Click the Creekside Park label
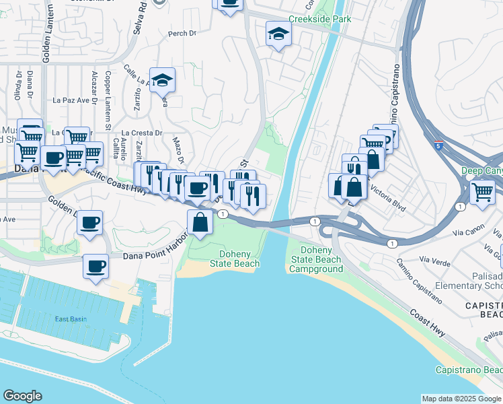point(319,20)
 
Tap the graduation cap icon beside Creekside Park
point(278,33)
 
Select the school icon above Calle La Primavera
point(162,80)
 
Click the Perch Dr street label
point(182,32)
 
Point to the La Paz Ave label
point(71,100)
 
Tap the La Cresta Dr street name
point(142,133)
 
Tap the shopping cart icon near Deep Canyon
point(482,192)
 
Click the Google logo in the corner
point(22,396)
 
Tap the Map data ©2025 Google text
point(461,399)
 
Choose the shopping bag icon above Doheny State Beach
point(200,222)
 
